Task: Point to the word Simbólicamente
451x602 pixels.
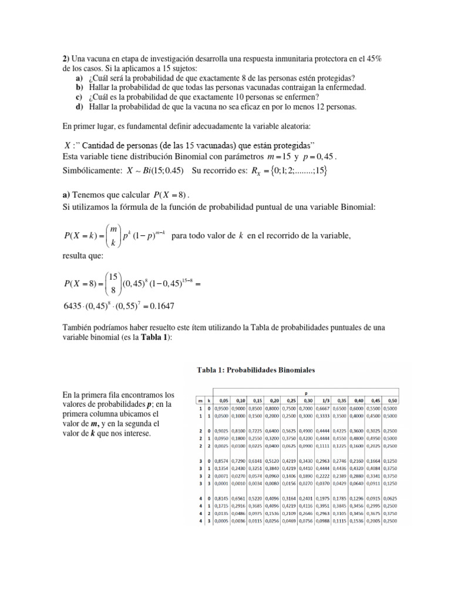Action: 92,171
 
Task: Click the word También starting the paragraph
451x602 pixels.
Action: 78,327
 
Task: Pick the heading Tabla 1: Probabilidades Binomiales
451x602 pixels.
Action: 255,370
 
